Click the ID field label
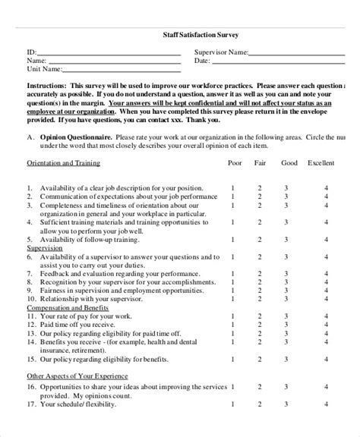coord(32,52)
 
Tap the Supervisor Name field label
coord(221,52)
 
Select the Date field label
coord(202,61)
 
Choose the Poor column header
coord(235,162)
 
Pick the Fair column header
coord(259,162)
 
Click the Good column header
coord(289,162)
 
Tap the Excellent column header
coord(321,162)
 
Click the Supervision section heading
coord(46,247)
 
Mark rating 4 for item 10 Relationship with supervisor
coord(326,299)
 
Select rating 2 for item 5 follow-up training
coord(259,239)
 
